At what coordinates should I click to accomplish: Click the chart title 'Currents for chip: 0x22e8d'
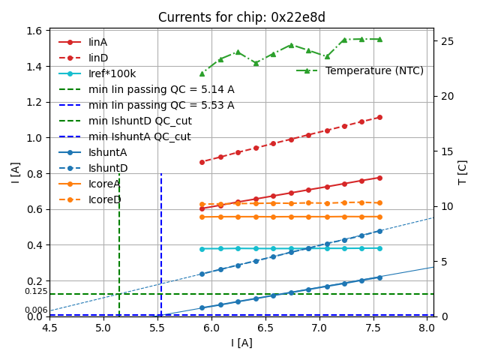(241, 17)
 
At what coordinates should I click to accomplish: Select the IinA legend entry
(98, 42)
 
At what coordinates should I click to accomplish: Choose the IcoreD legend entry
(104, 199)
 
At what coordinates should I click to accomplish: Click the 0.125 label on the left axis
(35, 291)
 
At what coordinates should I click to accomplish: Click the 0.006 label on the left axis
(35, 310)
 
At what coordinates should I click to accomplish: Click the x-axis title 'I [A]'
(241, 343)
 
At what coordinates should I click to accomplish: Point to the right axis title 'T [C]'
(462, 172)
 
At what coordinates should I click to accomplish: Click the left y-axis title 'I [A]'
(16, 172)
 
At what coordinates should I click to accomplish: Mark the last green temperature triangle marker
(379, 39)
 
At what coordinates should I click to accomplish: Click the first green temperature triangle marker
(202, 73)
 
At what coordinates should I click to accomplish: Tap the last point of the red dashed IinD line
(379, 117)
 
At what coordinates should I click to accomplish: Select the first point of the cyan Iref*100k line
(202, 249)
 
